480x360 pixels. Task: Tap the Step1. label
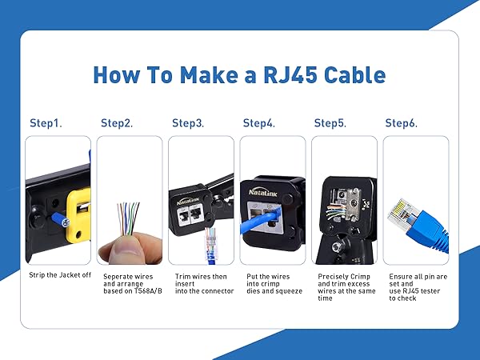(x=46, y=123)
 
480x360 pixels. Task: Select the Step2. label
(x=117, y=123)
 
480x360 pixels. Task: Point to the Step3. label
(x=188, y=123)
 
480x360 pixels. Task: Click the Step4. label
(x=258, y=123)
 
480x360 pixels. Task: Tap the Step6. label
(x=402, y=123)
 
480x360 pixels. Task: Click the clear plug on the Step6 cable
(x=399, y=211)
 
